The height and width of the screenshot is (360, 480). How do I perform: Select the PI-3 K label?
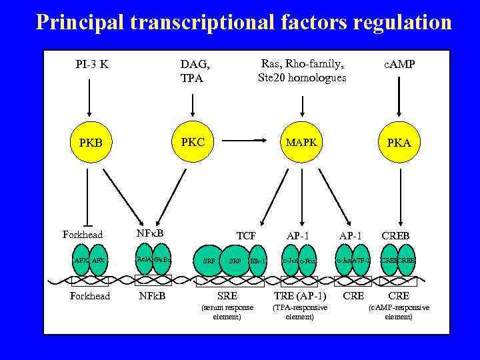[92, 65]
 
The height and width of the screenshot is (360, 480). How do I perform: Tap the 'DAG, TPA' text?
[195, 71]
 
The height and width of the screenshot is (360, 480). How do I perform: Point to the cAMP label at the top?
[399, 65]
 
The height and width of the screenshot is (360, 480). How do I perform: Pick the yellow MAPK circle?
[301, 143]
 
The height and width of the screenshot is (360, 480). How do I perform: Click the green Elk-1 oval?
[257, 261]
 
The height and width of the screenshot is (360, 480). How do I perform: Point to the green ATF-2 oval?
[361, 261]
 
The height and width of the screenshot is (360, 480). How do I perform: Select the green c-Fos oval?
[307, 261]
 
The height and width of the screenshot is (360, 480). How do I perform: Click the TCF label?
[246, 236]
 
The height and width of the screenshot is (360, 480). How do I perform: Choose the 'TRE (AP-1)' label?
[300, 295]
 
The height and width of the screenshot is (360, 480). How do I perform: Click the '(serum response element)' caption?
[227, 311]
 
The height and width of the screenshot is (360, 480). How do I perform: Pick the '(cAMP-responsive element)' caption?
[399, 311]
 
